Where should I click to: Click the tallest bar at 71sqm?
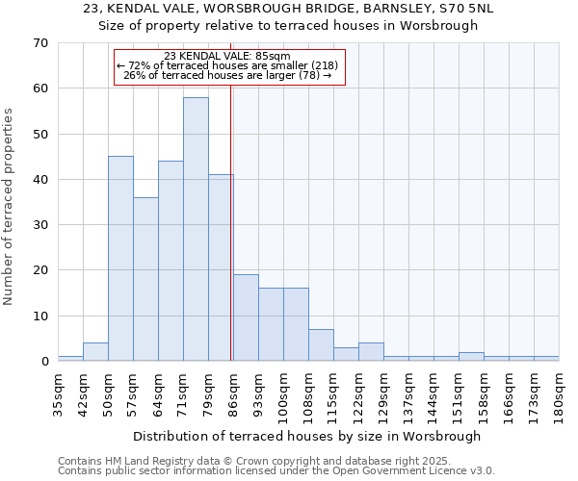click(196, 229)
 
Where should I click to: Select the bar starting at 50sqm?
click(120, 259)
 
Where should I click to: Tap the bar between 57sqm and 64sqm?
click(145, 279)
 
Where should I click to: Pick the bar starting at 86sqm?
click(246, 317)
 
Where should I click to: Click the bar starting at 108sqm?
click(321, 344)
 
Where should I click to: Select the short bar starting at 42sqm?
click(95, 352)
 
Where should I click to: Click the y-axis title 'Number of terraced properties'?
click(10, 207)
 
